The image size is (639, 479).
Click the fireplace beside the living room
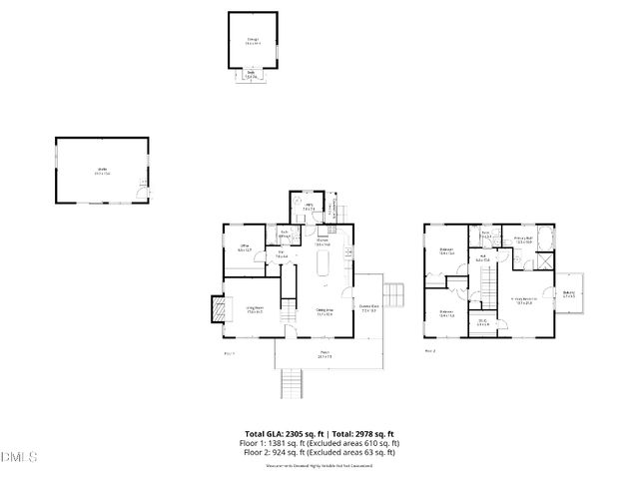216,311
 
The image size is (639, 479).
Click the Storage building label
253,42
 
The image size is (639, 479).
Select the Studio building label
102,173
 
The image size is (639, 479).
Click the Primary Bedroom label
525,299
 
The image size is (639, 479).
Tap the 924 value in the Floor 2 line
286,452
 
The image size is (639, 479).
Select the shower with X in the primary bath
547,258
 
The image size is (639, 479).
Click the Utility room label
310,208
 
